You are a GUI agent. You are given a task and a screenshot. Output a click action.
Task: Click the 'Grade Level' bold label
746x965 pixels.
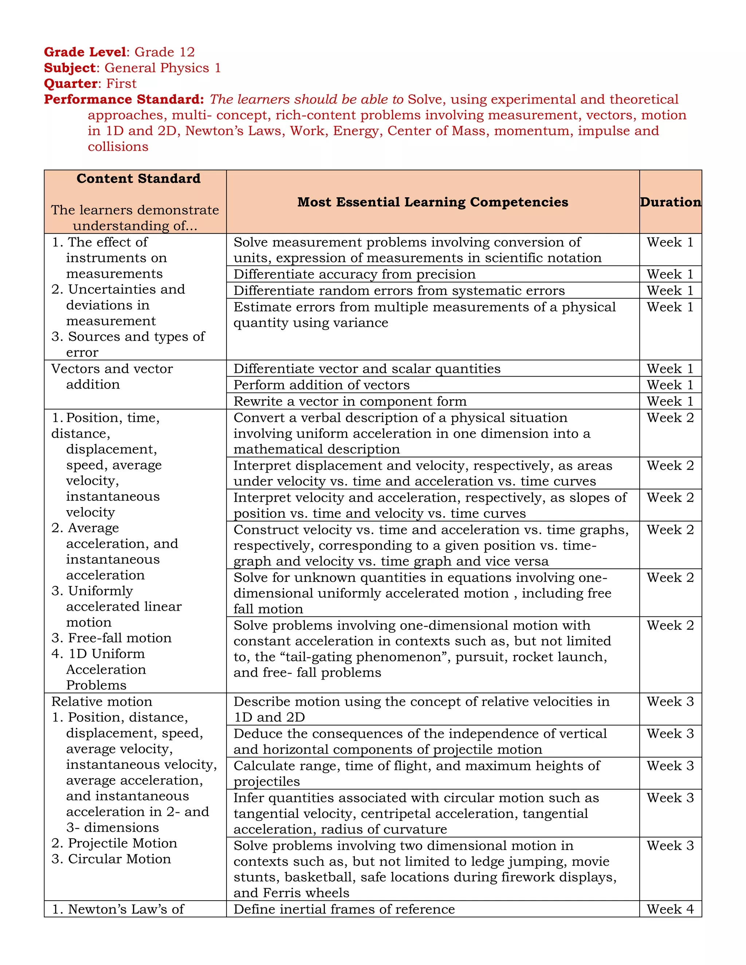(85, 52)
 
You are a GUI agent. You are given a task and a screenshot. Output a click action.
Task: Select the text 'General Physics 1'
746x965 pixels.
(162, 68)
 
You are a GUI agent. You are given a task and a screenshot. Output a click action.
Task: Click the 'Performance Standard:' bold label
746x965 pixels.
(124, 99)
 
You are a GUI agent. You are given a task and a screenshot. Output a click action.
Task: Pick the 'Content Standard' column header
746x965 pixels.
(138, 178)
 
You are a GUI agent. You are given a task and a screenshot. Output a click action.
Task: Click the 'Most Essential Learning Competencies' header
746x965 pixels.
(432, 202)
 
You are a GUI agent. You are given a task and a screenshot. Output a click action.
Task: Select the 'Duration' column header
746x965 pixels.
(670, 202)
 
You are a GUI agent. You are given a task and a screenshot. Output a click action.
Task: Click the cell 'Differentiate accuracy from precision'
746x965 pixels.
(354, 275)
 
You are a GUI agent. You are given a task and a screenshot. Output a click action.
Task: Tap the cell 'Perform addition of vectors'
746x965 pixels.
(321, 385)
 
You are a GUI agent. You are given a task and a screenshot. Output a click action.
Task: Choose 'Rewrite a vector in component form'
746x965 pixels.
(350, 401)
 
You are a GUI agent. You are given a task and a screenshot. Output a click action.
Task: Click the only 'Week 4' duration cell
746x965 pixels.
(670, 909)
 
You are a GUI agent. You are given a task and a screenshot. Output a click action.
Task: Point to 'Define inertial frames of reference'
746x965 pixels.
(344, 909)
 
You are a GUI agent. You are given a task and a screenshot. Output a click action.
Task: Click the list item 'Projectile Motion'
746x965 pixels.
(122, 843)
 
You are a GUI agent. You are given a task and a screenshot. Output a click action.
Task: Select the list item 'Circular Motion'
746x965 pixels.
(119, 859)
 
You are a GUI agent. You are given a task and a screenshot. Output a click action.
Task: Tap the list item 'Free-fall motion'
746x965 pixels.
(120, 638)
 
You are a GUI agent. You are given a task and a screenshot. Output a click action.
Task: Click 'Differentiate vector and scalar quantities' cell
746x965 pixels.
(367, 369)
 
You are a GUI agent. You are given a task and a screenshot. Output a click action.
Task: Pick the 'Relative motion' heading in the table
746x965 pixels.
(102, 702)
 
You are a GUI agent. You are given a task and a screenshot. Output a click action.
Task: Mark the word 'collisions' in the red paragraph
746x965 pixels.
(118, 147)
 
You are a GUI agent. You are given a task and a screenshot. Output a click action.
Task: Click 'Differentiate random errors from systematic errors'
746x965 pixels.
(399, 291)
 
